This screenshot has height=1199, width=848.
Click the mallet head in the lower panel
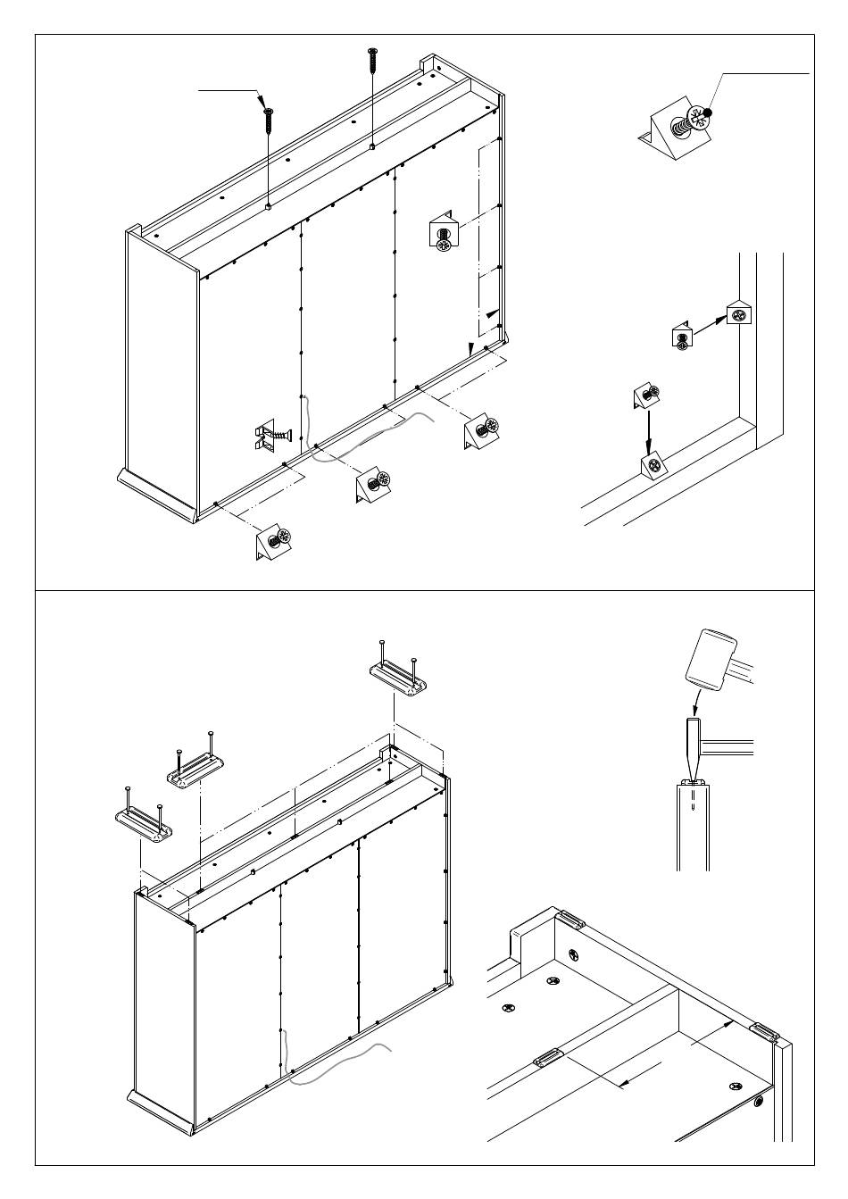tap(711, 660)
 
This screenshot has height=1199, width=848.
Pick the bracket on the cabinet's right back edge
tap(443, 232)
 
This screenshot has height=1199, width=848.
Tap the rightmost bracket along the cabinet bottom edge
tap(480, 432)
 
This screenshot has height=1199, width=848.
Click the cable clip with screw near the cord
tap(270, 437)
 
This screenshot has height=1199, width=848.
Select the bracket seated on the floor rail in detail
tap(653, 464)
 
